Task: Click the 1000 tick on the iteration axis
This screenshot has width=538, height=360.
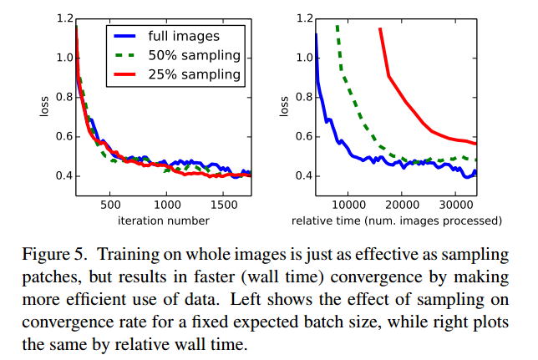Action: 167,204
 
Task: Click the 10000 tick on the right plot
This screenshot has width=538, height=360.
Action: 348,204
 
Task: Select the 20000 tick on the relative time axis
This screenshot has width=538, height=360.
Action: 402,204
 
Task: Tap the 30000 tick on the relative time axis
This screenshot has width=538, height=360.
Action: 455,204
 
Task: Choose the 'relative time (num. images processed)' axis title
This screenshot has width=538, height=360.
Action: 396,221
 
